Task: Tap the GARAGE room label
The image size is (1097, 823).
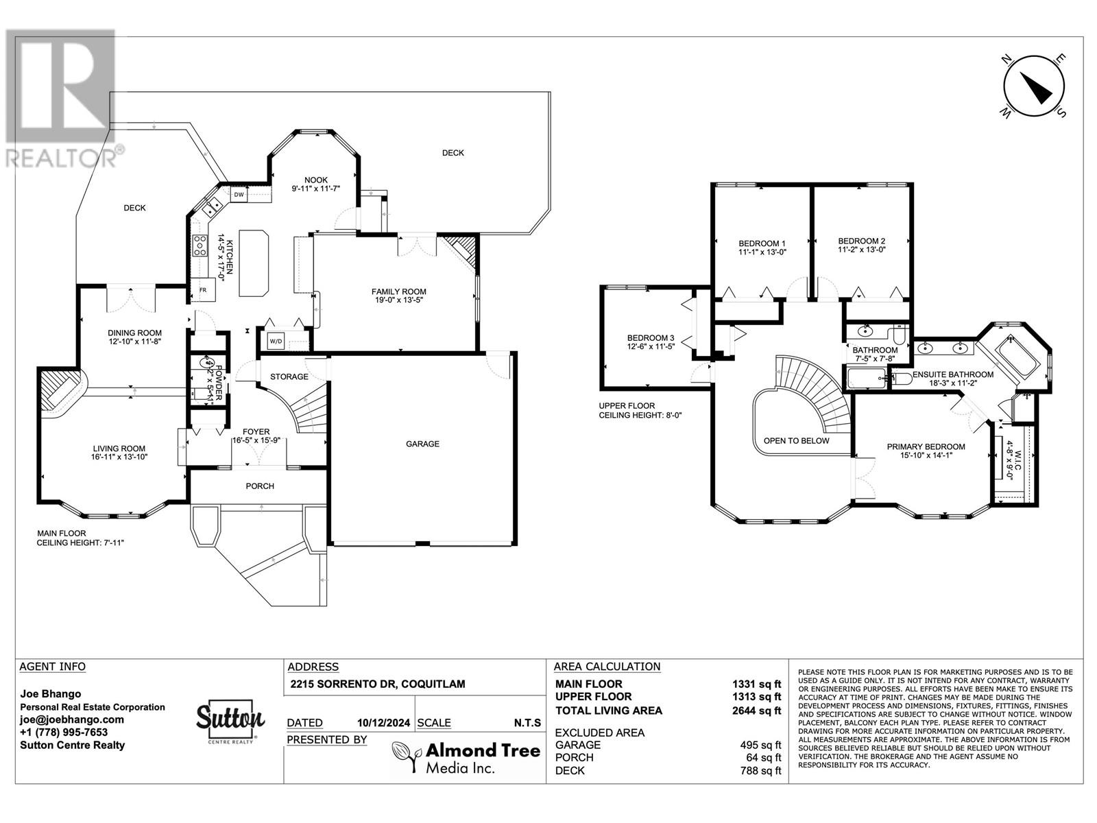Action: point(422,444)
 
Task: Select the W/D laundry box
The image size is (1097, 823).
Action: point(276,341)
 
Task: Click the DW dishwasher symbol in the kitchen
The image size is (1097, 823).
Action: point(239,195)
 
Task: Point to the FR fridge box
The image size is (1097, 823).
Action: point(203,290)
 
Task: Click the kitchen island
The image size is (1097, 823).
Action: point(254,263)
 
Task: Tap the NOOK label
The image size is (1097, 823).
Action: point(316,180)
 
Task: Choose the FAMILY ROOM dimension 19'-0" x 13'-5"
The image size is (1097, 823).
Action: point(399,300)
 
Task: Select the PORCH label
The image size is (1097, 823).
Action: point(260,486)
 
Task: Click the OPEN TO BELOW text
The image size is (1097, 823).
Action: point(796,441)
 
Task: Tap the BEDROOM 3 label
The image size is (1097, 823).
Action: point(651,338)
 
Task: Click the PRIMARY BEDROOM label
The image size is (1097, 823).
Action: point(926,446)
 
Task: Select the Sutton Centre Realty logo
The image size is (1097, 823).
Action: point(230,722)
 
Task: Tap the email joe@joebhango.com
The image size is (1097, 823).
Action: point(72,719)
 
